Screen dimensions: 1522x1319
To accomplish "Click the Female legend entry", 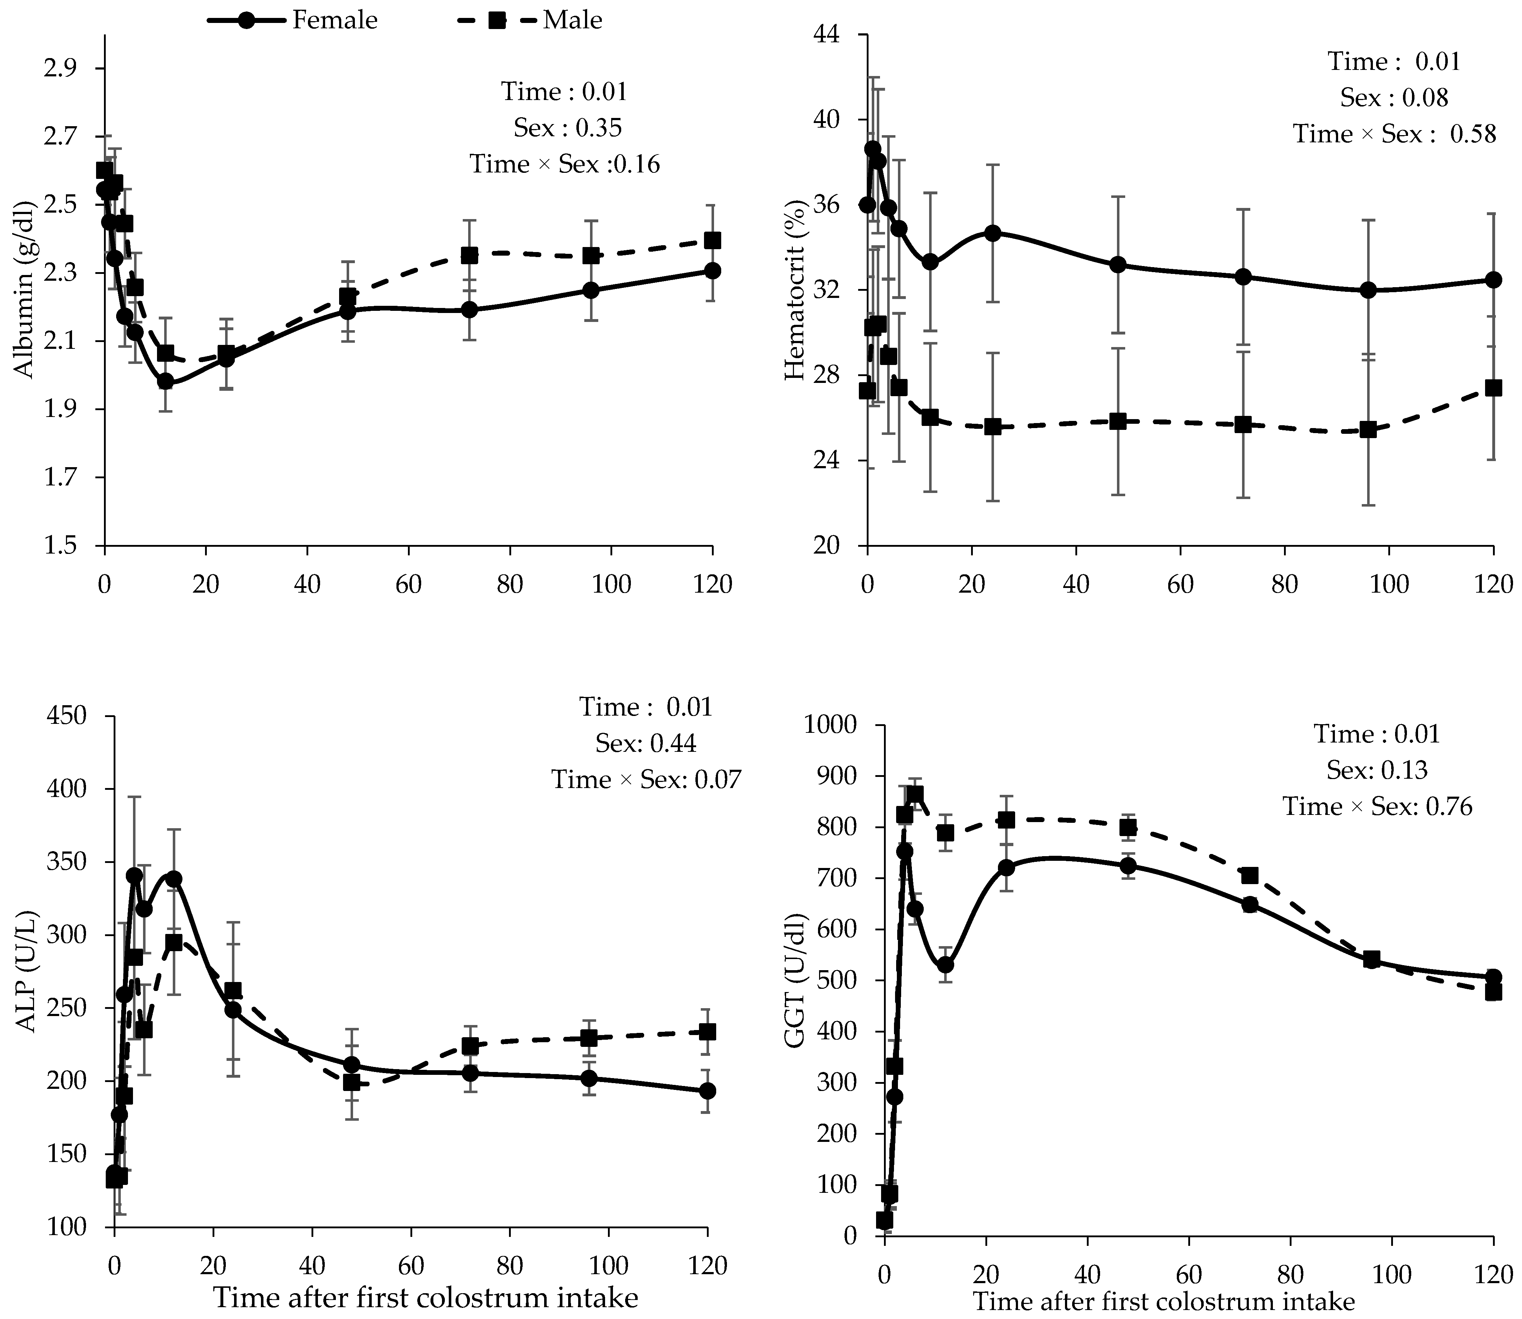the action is pyautogui.click(x=292, y=20).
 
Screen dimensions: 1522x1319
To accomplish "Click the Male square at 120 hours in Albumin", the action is pyautogui.click(x=712, y=241).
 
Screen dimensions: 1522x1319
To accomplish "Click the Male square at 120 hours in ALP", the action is pyautogui.click(x=707, y=1032).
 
